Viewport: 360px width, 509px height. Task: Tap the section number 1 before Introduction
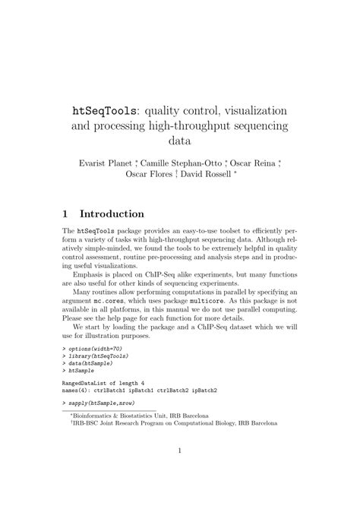point(67,214)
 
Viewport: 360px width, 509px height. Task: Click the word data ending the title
point(180,141)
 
